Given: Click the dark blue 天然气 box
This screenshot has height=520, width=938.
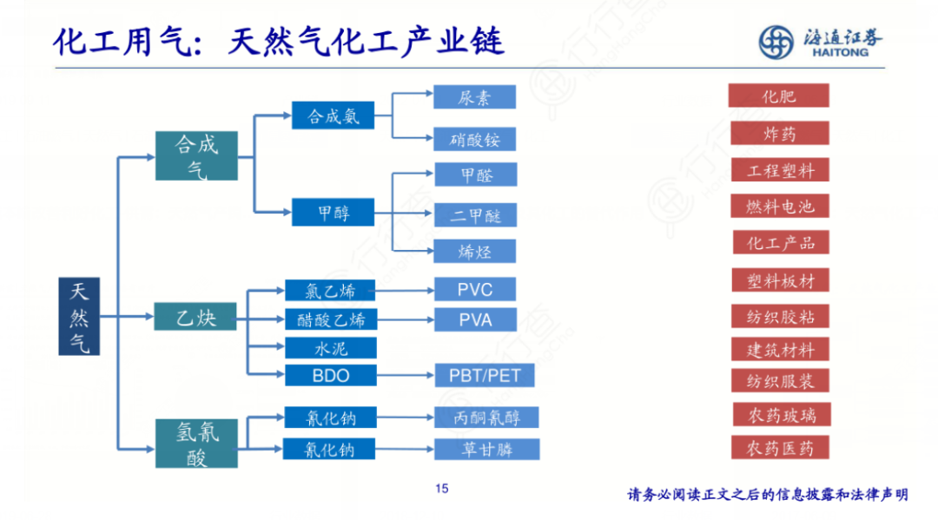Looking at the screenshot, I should point(79,316).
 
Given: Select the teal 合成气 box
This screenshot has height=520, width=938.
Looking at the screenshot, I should point(196,155).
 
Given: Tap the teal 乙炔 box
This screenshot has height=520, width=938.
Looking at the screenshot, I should point(196,317).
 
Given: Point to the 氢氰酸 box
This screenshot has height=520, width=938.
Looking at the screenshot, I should point(196,444).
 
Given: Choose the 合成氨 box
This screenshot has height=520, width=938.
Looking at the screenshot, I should point(334,115).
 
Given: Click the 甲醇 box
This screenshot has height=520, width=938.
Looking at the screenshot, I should point(334,213).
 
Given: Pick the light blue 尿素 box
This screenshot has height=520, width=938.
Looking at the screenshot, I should point(474,97).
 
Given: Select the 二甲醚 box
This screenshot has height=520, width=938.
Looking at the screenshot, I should point(474,214).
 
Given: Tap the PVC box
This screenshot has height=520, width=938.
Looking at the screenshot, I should point(474,289).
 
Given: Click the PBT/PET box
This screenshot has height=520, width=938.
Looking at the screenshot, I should point(484,376).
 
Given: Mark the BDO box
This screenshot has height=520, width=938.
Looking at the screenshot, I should point(330,376).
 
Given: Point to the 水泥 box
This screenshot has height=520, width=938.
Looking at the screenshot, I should point(330,348).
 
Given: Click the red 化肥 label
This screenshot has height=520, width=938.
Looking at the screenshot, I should point(778,95).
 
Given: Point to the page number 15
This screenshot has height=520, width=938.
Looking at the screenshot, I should point(441,489).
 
